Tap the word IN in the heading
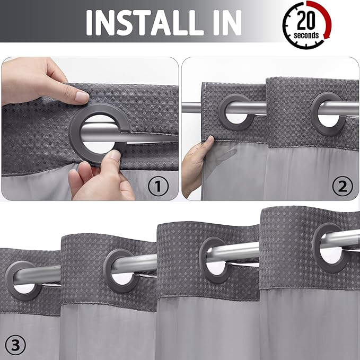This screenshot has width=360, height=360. click(225, 22)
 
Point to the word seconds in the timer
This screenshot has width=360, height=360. click(307, 36)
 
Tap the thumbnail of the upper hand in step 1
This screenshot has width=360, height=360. click(81, 97)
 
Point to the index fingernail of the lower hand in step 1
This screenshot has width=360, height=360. click(112, 155)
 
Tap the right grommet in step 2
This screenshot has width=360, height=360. click(326, 110)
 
